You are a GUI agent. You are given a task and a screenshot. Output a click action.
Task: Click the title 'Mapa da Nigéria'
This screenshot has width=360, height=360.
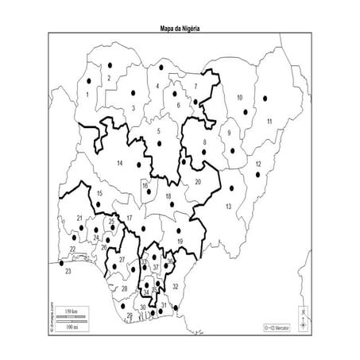tap(180, 27)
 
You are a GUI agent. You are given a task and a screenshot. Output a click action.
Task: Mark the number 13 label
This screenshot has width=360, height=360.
tap(228, 206)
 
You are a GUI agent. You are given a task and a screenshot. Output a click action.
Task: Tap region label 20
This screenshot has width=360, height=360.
tap(198, 182)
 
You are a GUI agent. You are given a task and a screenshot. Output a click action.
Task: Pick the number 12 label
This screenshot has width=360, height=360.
tap(257, 164)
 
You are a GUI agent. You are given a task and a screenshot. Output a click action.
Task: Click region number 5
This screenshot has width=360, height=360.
tap(159, 130)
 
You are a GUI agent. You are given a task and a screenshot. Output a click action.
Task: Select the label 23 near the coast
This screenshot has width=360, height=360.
tap(68, 272)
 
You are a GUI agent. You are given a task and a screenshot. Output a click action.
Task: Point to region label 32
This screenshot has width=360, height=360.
tap(176, 284)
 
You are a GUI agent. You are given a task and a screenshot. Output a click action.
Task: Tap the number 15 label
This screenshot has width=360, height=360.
tap(99, 193)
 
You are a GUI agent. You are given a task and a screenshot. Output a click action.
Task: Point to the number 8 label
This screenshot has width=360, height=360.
tap(205, 143)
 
